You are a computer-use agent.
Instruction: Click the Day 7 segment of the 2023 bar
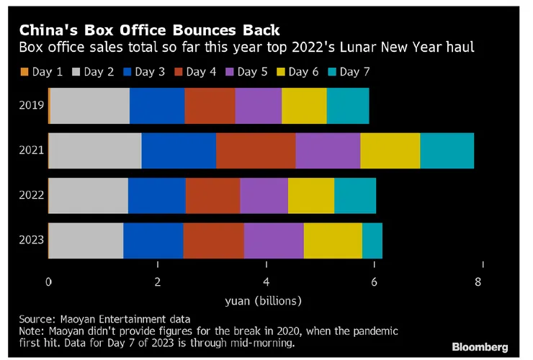pos(372,240)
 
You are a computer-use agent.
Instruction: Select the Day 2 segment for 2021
pos(95,150)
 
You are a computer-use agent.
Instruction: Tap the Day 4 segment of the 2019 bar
pos(210,106)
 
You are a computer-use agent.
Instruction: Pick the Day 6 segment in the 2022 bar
pos(310,195)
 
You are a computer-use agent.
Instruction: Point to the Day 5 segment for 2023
pos(274,240)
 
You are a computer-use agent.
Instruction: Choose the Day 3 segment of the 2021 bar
pos(179,150)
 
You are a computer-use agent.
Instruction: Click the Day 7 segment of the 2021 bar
pos(447,150)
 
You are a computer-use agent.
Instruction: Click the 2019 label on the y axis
pos(31,106)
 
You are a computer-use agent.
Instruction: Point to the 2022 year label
pos(31,195)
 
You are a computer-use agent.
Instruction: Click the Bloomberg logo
pos(480,346)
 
